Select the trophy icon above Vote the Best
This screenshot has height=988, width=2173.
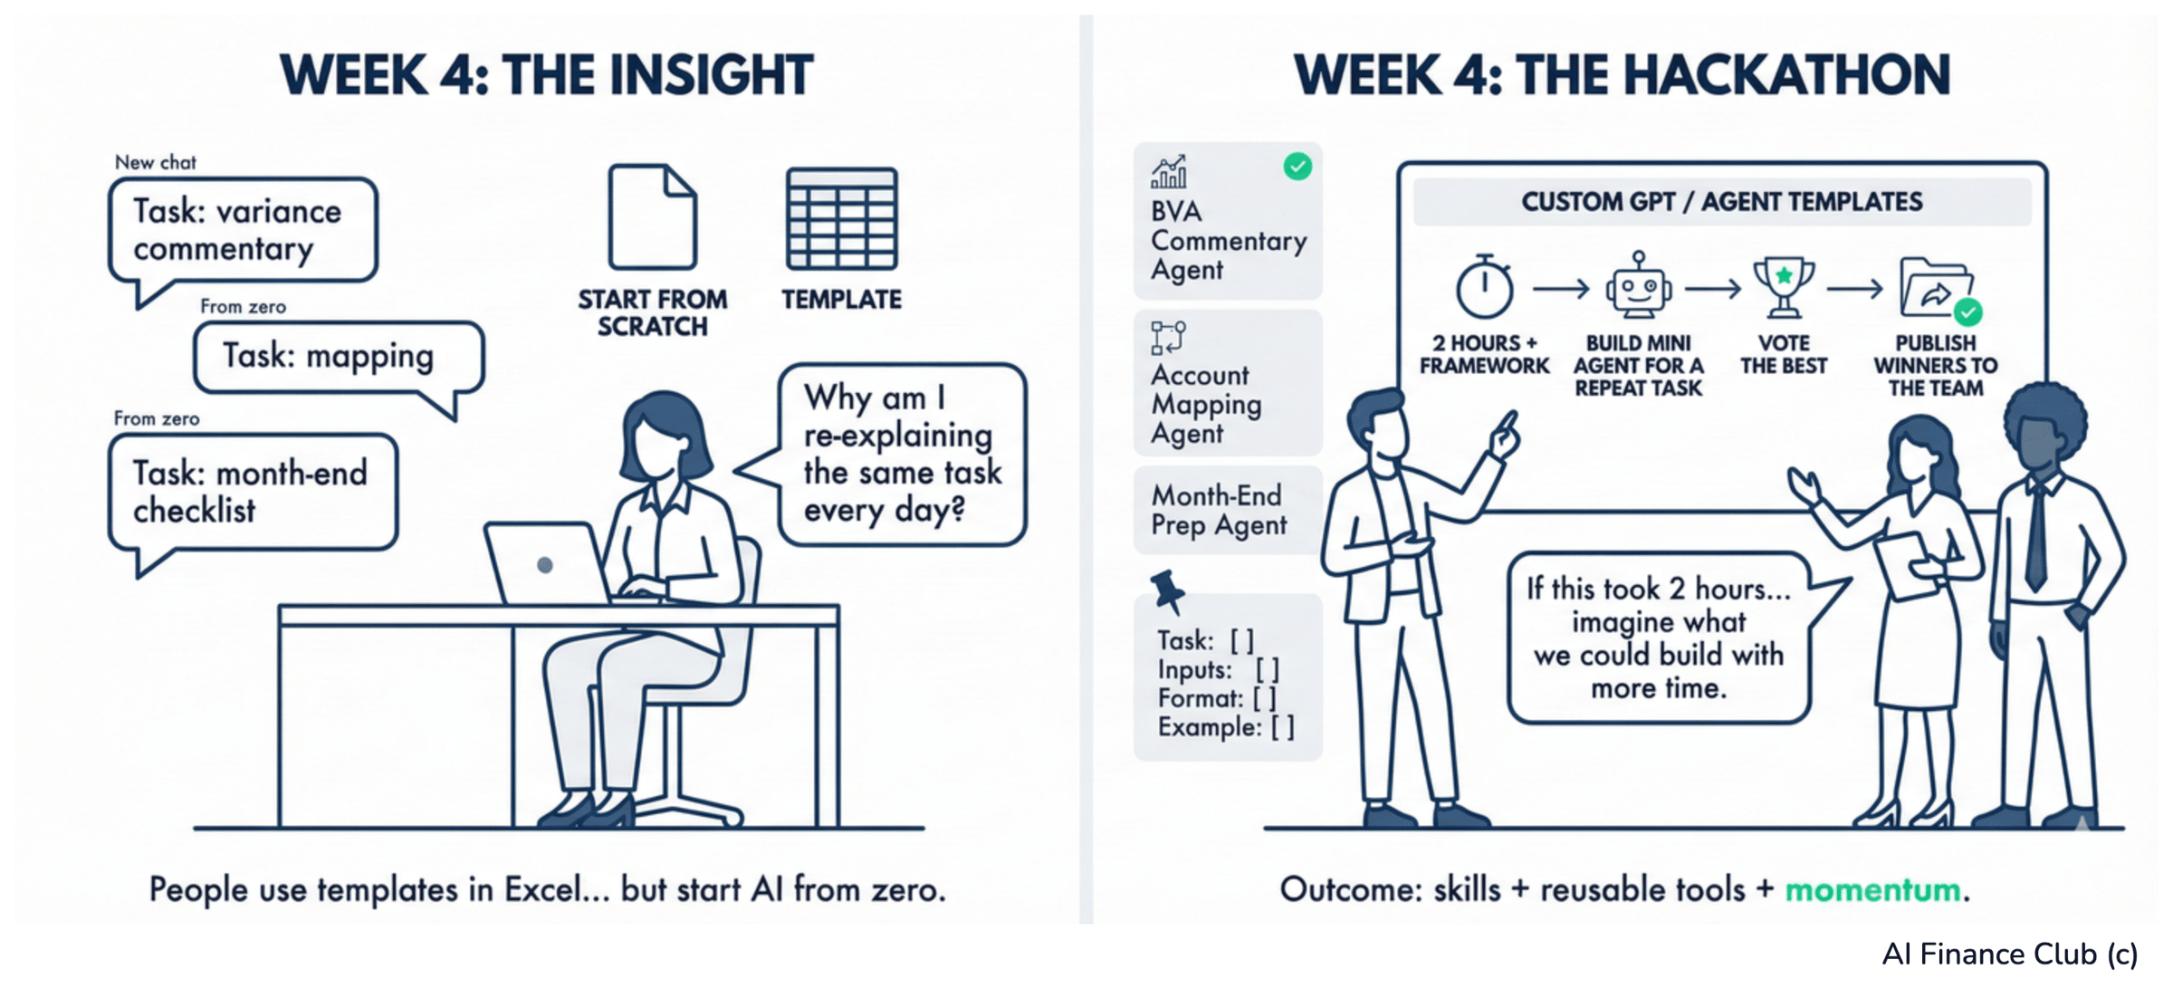click(1783, 287)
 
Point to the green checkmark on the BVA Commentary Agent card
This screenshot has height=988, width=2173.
click(1297, 167)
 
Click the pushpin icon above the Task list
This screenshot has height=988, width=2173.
click(1168, 591)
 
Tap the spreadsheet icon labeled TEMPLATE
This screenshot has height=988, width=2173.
click(841, 219)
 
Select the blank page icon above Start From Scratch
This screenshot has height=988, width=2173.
click(652, 217)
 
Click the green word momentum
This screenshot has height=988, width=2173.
click(1872, 890)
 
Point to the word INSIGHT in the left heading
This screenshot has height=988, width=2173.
click(711, 75)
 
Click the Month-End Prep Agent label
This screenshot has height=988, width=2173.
click(1219, 510)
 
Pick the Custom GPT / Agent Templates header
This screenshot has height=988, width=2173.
click(1721, 201)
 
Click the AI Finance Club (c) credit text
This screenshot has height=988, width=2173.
click(2009, 954)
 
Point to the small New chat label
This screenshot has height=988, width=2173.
click(156, 162)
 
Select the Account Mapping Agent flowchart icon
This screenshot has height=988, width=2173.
click(1168, 337)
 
